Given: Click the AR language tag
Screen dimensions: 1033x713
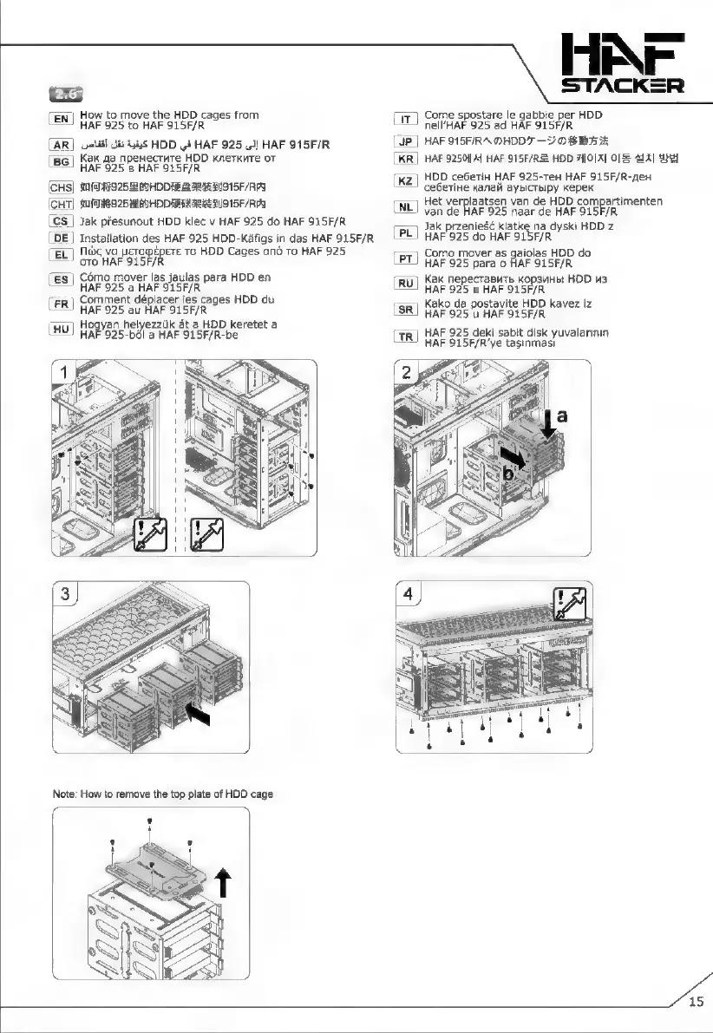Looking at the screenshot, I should pyautogui.click(x=62, y=144).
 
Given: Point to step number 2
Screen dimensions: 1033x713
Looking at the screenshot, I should pyautogui.click(x=408, y=374).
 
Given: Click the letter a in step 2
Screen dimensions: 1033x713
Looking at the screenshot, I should pyautogui.click(x=562, y=416).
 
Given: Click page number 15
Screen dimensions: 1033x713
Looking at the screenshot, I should pyautogui.click(x=696, y=1003).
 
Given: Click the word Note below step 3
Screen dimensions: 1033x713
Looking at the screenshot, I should pyautogui.click(x=65, y=794).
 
